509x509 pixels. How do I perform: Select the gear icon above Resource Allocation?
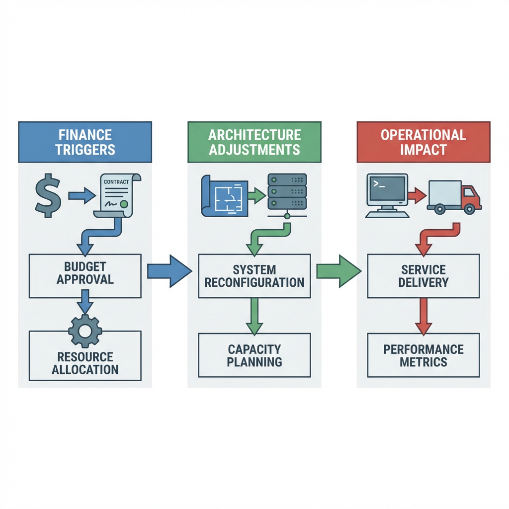85,331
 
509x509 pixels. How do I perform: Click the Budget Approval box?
85,276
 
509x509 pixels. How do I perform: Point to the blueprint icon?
224,195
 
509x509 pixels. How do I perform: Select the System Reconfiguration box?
254,276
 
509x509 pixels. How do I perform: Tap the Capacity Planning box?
254,355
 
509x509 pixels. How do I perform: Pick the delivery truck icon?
454,197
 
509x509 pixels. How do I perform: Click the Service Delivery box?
424,276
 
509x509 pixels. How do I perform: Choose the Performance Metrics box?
424,355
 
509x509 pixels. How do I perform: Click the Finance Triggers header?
85,142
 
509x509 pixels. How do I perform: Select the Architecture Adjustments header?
254,142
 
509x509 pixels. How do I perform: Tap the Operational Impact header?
424,142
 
